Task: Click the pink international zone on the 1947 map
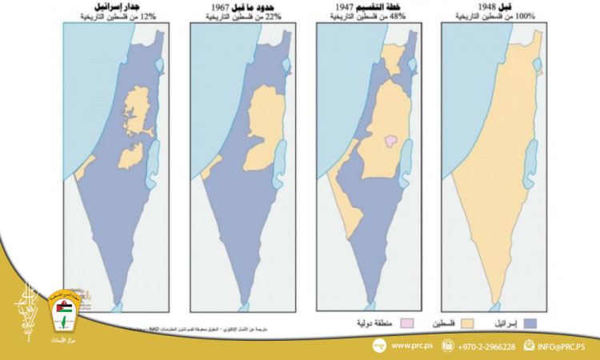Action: click(391, 141)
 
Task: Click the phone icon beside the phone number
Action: click(447, 346)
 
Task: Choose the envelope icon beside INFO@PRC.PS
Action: click(529, 346)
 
